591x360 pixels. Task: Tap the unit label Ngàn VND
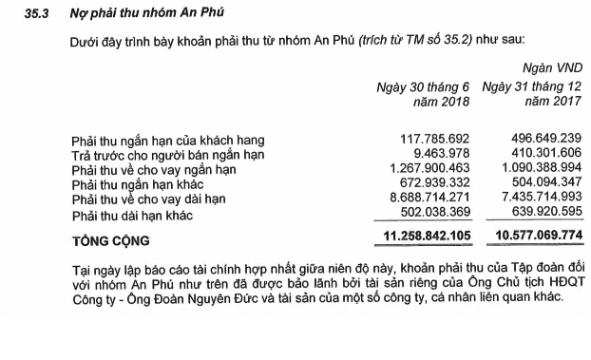(552, 68)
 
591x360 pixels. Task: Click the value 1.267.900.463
(425, 170)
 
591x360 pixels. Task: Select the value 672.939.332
(431, 185)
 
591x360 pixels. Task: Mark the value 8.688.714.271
(425, 200)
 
